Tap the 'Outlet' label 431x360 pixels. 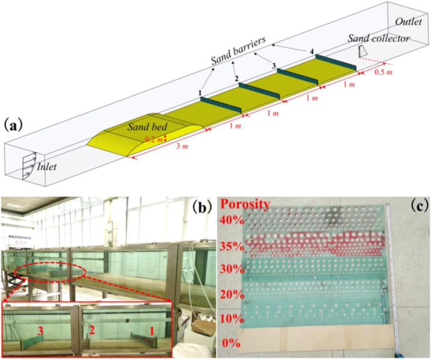pyautogui.click(x=408, y=22)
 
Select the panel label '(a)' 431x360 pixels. pyautogui.click(x=14, y=125)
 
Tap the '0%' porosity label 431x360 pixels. pyautogui.click(x=234, y=343)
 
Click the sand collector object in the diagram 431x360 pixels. pyautogui.click(x=362, y=52)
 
